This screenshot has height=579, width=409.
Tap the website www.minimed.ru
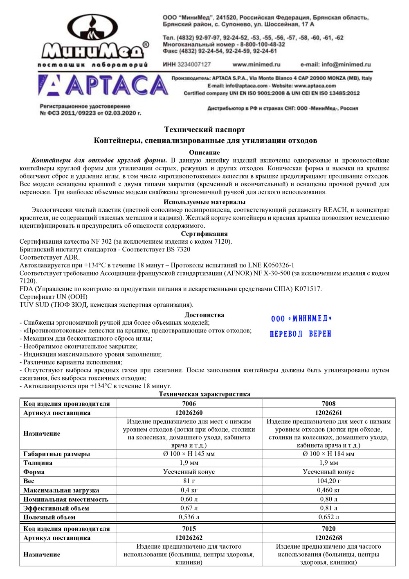pos(256,64)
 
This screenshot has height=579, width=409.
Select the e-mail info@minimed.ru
pos(335,64)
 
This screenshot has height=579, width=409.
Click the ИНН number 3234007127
pos(187,64)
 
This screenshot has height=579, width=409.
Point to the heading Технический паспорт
pos(204,130)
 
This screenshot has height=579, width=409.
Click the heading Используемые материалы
pos(204,202)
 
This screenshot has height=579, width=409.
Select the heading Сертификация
pos(204,234)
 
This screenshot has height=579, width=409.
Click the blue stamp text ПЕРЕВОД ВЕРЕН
pos(300,334)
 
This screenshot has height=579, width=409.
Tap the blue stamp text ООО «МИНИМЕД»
pos(301,319)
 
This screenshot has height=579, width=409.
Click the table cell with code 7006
pos(189,404)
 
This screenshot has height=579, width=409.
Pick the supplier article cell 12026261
pos(328,413)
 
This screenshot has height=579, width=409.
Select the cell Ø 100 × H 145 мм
pos(189,454)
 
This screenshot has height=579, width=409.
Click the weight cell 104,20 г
pos(328,481)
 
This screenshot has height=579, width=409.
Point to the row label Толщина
pos(38,463)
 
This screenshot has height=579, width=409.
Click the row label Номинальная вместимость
pos(66,499)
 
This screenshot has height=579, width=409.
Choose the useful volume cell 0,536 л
pos(189,517)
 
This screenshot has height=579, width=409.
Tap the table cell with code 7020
pos(328,529)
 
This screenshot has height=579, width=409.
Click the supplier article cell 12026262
pos(189,538)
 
